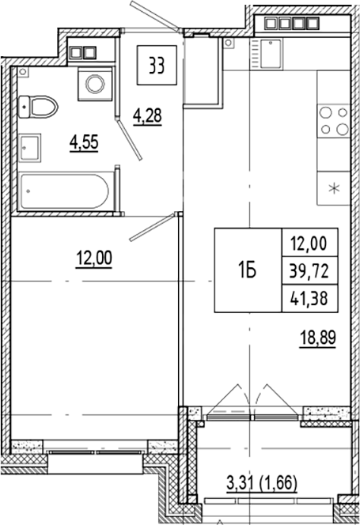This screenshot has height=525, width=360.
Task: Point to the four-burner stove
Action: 333,122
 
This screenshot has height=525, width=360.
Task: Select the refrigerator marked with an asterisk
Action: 333,188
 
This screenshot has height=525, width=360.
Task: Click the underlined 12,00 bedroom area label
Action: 93,258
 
